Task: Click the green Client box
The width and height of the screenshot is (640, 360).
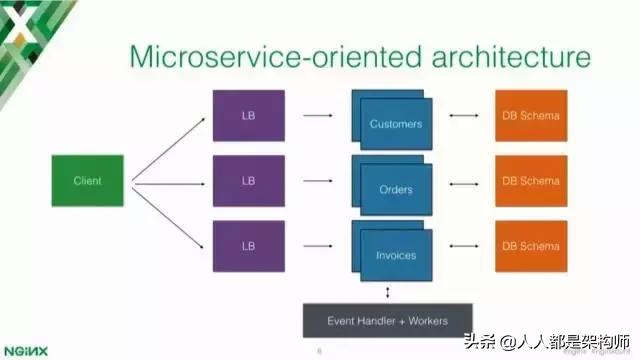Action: pyautogui.click(x=88, y=181)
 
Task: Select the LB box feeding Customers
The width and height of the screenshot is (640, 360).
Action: pyautogui.click(x=248, y=116)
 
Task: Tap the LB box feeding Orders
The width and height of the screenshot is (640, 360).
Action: pyautogui.click(x=248, y=181)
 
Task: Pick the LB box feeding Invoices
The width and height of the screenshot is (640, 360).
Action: pyautogui.click(x=248, y=245)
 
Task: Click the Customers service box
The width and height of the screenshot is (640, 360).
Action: pyautogui.click(x=394, y=123)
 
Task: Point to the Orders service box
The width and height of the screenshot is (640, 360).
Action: pyautogui.click(x=394, y=187)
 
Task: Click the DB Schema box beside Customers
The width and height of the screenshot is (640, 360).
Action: pyautogui.click(x=531, y=116)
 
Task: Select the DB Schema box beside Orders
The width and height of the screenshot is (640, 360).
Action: pyautogui.click(x=531, y=181)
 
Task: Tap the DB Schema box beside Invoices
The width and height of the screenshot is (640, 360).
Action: pyautogui.click(x=531, y=245)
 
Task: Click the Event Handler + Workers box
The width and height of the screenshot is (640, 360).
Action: pyautogui.click(x=388, y=320)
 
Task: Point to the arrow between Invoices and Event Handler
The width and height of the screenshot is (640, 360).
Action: pyautogui.click(x=388, y=290)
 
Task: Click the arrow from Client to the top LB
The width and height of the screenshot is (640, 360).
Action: pyautogui.click(x=170, y=148)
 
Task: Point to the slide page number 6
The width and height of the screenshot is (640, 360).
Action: pyautogui.click(x=319, y=350)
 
